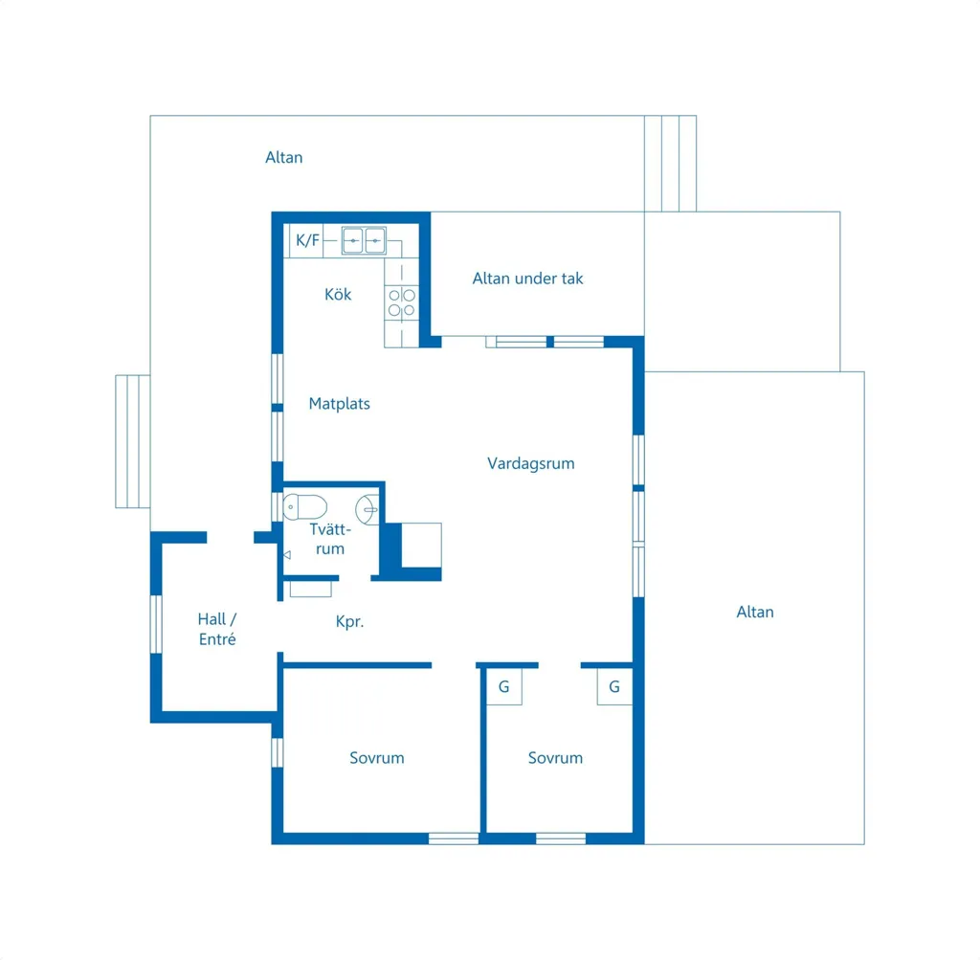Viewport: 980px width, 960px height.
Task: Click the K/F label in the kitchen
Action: (x=307, y=240)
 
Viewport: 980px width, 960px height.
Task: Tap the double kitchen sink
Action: (x=364, y=240)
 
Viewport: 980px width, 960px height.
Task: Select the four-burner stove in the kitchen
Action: (x=401, y=302)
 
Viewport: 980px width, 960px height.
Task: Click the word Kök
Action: (x=338, y=295)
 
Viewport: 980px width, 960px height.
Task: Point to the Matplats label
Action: (x=340, y=404)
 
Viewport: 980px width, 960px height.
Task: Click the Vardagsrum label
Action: (x=530, y=464)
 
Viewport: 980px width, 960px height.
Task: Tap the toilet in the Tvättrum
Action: (x=304, y=507)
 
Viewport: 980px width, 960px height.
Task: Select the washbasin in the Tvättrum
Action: (x=367, y=509)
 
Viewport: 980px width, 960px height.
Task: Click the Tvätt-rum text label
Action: (x=330, y=539)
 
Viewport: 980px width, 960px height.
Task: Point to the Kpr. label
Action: (x=349, y=622)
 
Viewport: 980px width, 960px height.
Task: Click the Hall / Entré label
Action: (x=217, y=629)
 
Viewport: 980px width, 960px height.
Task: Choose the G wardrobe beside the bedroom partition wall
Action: (x=504, y=687)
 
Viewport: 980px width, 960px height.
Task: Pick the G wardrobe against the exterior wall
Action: (x=614, y=687)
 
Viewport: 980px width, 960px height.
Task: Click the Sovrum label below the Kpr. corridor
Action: (x=377, y=758)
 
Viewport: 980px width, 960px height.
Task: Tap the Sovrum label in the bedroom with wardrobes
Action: (x=555, y=758)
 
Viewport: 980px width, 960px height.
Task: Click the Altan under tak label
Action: (x=527, y=279)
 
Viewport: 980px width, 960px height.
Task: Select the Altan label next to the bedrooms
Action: (x=755, y=612)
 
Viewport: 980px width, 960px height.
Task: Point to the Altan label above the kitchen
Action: (x=283, y=158)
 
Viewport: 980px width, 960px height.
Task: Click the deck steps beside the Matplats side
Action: (x=132, y=441)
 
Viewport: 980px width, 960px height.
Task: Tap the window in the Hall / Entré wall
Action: (x=156, y=624)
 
